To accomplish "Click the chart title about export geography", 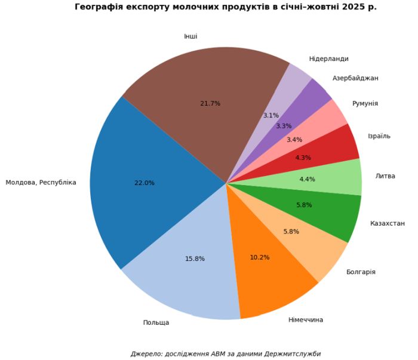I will tap(225, 7).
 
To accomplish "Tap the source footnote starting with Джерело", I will tap(225, 353).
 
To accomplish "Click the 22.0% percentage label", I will tap(145, 183).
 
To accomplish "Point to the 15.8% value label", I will tap(195, 259).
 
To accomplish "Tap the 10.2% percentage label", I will tap(260, 257).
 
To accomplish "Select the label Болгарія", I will tap(361, 272).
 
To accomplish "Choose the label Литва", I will tap(385, 176).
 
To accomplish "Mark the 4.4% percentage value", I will tap(306, 179).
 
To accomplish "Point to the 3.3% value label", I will tap(284, 126).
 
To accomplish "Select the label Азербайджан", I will tap(355, 78).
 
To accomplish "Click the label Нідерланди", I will tap(328, 59).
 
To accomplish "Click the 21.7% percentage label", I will tap(210, 103).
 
